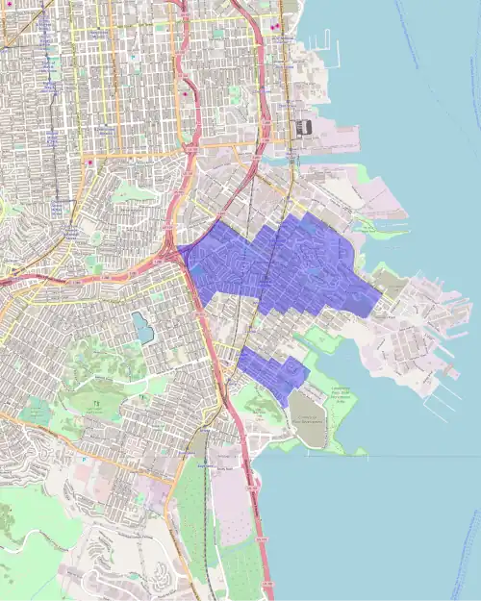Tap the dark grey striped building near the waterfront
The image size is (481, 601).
pos(304,127)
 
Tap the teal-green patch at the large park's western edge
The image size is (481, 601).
pos(35,412)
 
